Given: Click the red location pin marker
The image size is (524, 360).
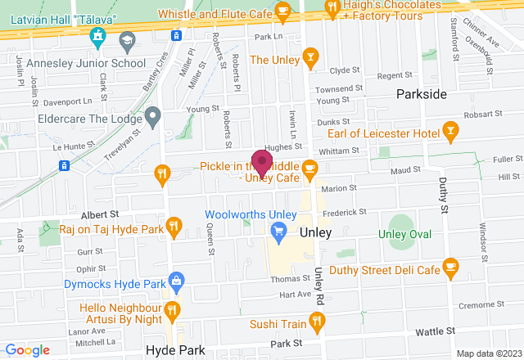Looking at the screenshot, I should coord(262,160).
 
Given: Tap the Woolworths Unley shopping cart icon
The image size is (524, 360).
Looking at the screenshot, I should coord(278,232).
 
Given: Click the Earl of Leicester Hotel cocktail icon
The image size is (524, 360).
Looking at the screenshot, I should coord(449,130).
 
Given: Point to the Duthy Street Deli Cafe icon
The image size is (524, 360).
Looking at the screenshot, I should coord(449,267).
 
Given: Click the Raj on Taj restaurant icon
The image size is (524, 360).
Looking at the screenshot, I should coord(173,225).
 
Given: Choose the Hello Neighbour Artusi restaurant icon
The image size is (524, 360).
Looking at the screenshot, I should coord(172,309).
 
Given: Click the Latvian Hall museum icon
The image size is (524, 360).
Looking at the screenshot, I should coord(99,37).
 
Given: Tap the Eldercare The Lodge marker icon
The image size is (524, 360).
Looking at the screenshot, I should coord(150,116).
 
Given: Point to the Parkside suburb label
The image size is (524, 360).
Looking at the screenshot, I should coord(422,94).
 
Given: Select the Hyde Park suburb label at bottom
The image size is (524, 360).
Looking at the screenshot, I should coord(172,349).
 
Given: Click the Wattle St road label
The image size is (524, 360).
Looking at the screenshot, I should coord(434,331).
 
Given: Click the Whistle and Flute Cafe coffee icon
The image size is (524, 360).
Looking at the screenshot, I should coord(283,10).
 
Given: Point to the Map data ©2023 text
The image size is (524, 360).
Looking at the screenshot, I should coord(488,353).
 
